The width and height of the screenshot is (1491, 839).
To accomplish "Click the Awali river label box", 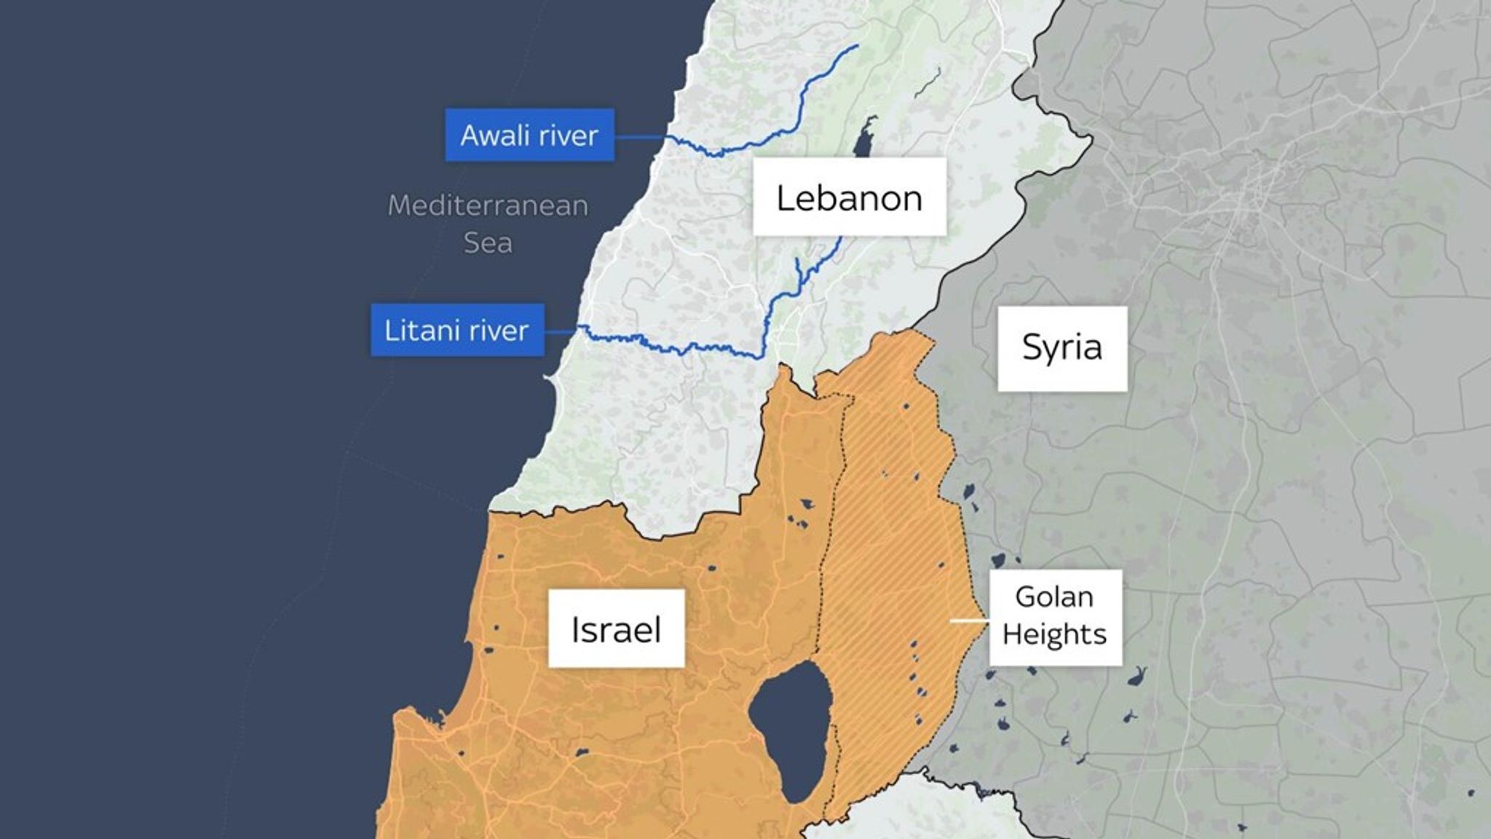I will click(529, 135).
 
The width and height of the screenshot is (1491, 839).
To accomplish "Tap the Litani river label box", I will click(457, 331).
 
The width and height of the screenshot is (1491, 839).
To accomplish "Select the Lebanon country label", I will click(849, 197).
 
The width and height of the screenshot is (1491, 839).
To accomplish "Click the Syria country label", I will click(1061, 348).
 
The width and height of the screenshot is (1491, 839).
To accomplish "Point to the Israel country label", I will click(616, 629).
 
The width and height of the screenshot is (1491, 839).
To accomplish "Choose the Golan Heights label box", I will click(1055, 616).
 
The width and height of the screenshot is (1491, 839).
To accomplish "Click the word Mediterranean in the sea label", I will click(487, 206).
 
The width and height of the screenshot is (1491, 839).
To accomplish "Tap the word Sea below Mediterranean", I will click(487, 243).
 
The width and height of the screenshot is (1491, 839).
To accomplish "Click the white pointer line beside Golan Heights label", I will click(969, 621).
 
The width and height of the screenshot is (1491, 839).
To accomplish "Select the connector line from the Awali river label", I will click(639, 136).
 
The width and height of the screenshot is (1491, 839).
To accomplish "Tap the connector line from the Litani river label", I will click(561, 331).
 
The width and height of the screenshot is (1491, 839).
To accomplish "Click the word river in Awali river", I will click(565, 135).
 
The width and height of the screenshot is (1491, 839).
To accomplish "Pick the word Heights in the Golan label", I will click(1054, 635).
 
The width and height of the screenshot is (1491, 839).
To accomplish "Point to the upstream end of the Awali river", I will click(857, 46).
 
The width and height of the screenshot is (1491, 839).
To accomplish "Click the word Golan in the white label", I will click(1054, 597).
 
